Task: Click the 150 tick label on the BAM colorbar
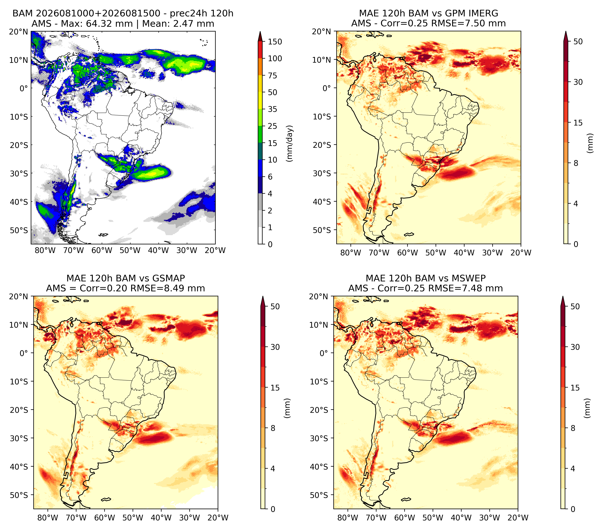click(x=275, y=42)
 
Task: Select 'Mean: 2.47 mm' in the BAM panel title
click(x=178, y=24)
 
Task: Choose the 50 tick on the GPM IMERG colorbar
click(x=578, y=42)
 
